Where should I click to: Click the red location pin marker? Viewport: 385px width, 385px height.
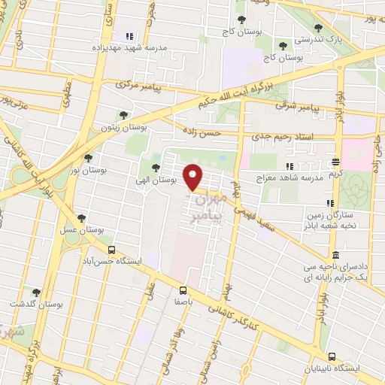(193, 177)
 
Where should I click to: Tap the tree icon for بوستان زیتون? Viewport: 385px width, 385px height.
(123, 115)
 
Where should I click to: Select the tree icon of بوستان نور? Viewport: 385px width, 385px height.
(89, 159)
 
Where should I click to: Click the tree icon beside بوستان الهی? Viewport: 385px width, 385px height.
(156, 168)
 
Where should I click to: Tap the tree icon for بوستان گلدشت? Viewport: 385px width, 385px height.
(35, 292)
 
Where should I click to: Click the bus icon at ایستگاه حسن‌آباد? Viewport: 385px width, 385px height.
(111, 250)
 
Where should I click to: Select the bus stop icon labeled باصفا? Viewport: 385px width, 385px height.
(183, 290)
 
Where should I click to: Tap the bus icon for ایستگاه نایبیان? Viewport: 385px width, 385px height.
(332, 356)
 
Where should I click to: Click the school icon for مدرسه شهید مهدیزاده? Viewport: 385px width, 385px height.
(129, 35)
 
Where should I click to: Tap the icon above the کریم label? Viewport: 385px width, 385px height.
(336, 161)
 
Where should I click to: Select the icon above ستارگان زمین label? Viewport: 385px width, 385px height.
(329, 203)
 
